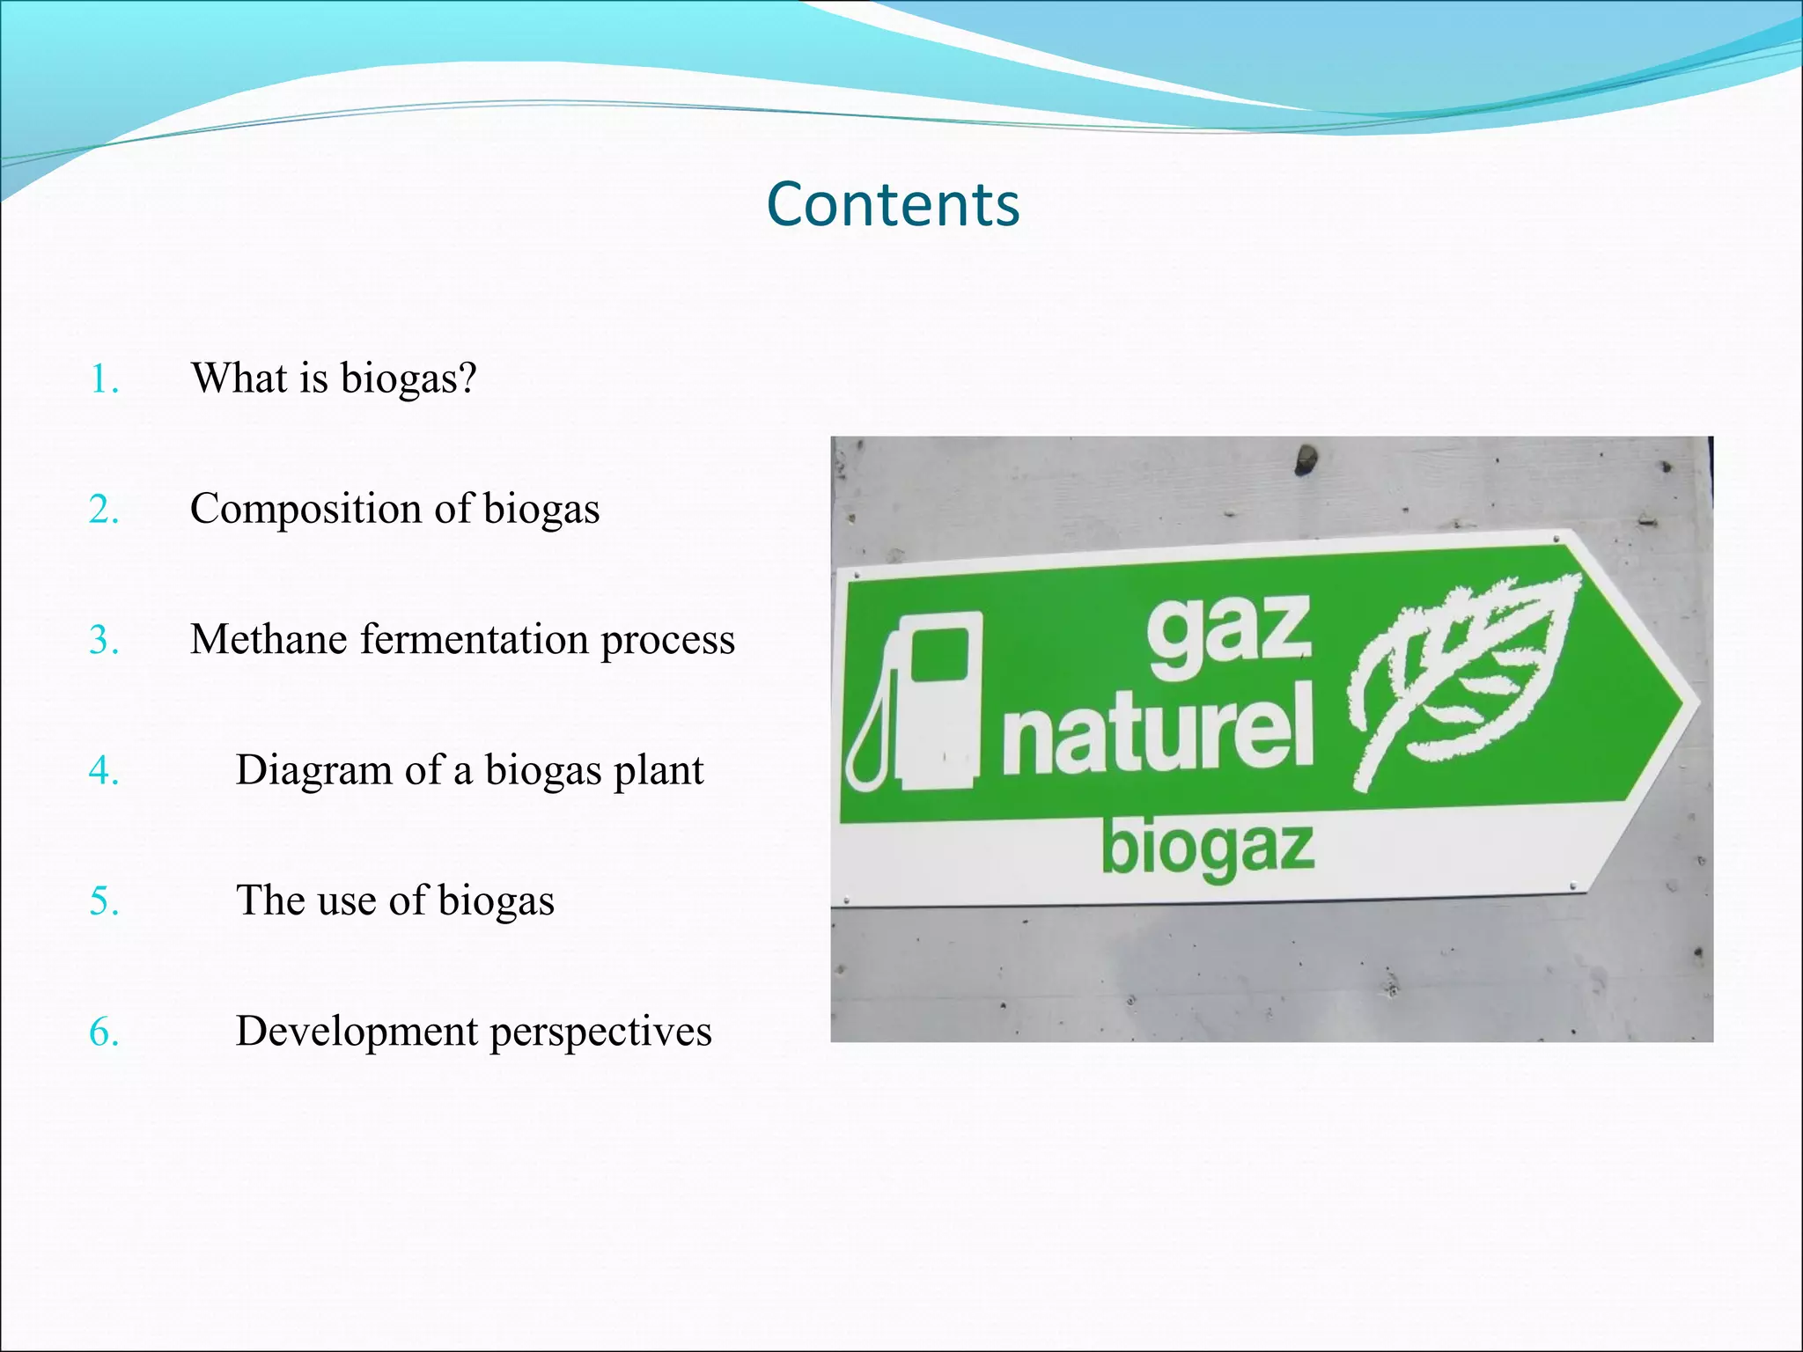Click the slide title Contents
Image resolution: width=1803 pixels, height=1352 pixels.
(893, 204)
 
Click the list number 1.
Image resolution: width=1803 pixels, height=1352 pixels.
(103, 379)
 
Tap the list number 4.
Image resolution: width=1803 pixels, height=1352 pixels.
(103, 771)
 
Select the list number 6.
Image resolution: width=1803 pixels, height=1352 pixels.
(103, 1032)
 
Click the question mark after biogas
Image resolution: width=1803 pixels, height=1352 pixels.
(467, 378)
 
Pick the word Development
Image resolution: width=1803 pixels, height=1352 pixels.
(356, 1032)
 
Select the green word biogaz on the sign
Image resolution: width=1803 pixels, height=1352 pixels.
(1208, 849)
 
